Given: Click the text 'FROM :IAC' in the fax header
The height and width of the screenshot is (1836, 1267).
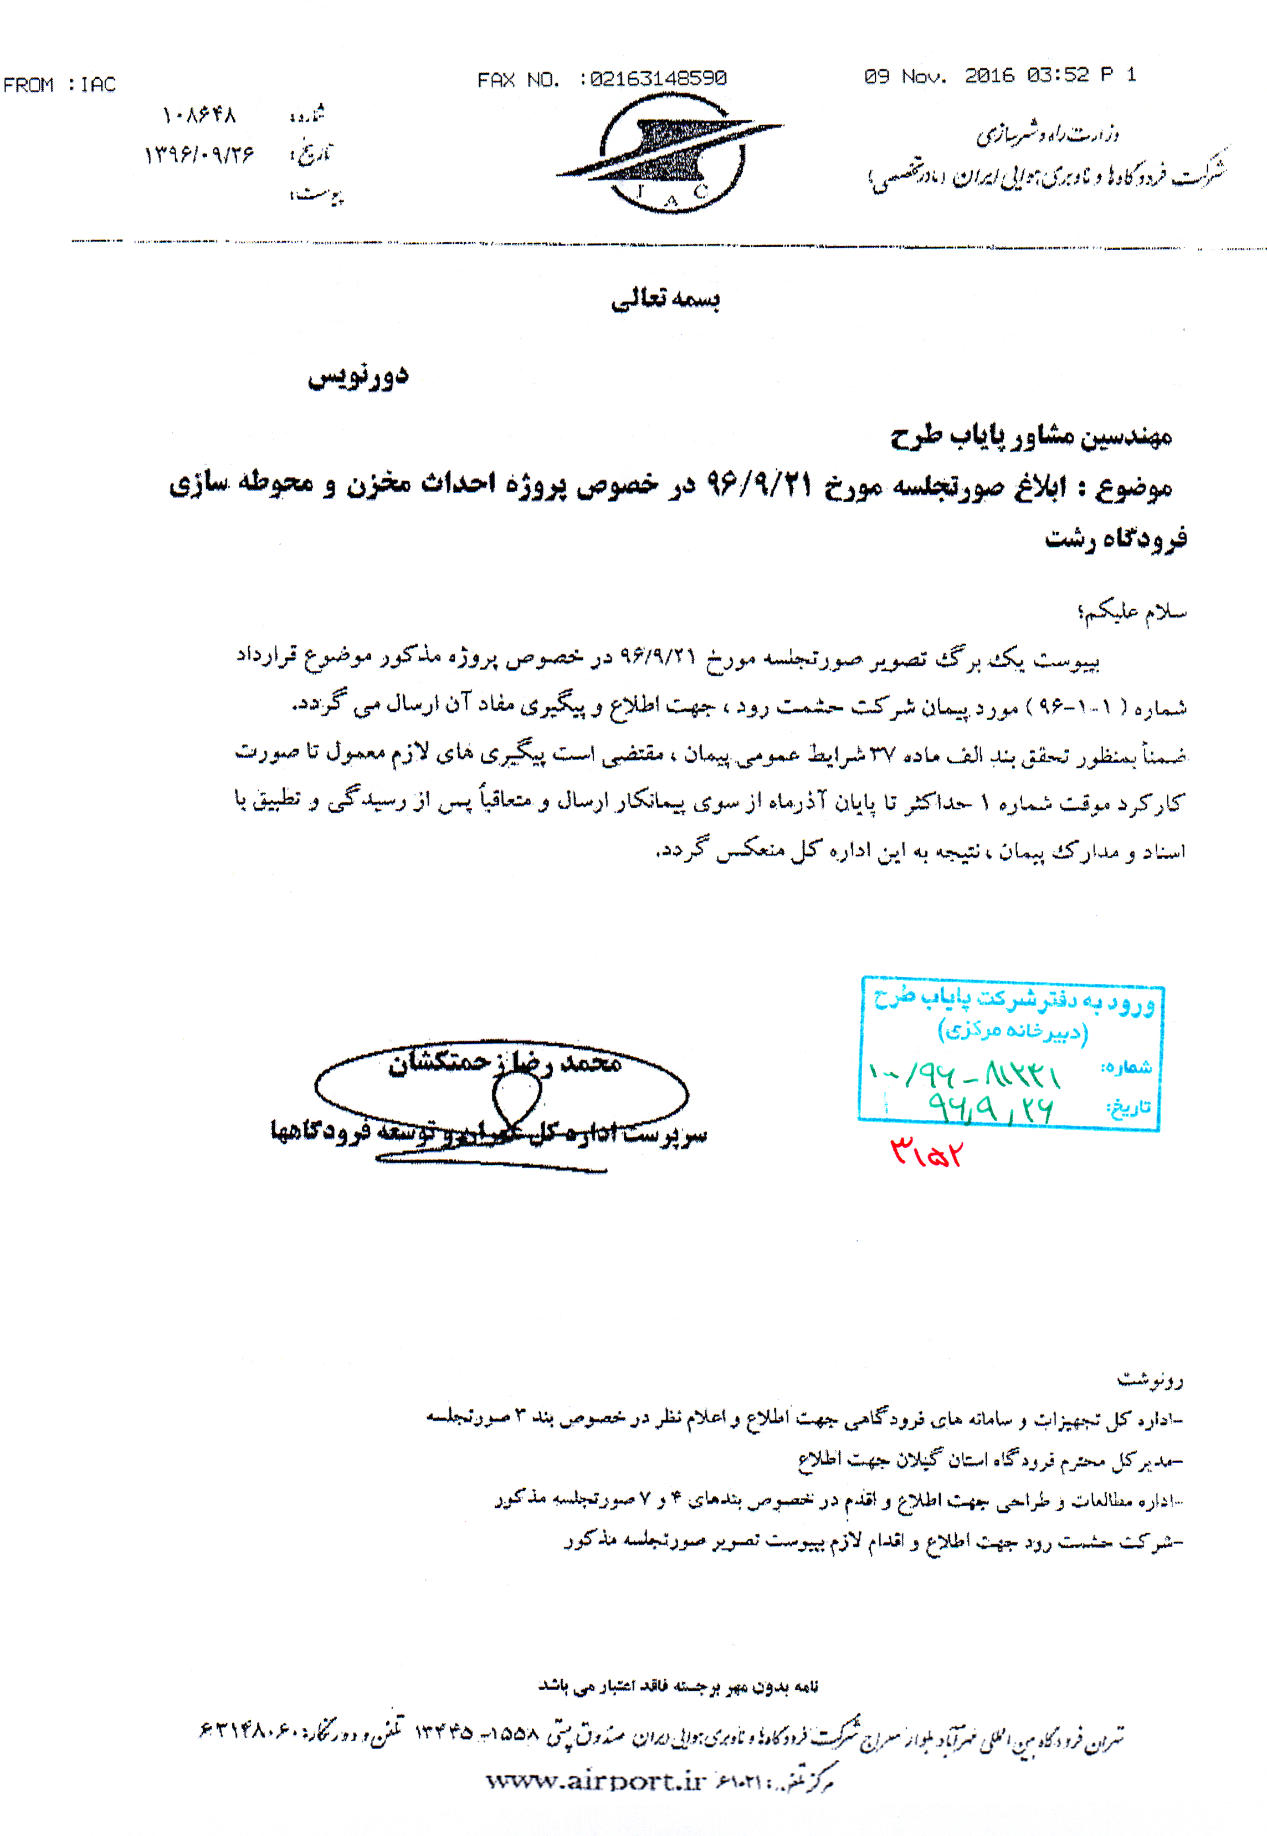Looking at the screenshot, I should (59, 84).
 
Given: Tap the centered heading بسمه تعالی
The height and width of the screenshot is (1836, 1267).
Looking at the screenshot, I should (665, 299).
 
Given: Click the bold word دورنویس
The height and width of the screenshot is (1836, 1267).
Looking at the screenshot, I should (359, 376).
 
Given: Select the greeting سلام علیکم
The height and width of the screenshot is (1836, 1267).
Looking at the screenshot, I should (1132, 611).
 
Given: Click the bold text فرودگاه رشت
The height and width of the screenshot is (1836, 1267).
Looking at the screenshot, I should (1115, 540).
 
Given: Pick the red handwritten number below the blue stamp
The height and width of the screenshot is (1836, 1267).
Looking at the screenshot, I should (926, 1151).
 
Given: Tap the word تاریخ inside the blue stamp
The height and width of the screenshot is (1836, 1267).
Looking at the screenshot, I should (1128, 1106).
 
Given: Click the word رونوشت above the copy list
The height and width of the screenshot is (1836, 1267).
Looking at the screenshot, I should (1150, 1379).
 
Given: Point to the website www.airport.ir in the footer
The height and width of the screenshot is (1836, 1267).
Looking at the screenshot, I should (596, 1781).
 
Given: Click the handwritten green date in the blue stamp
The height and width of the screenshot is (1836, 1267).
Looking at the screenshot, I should (991, 1107).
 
